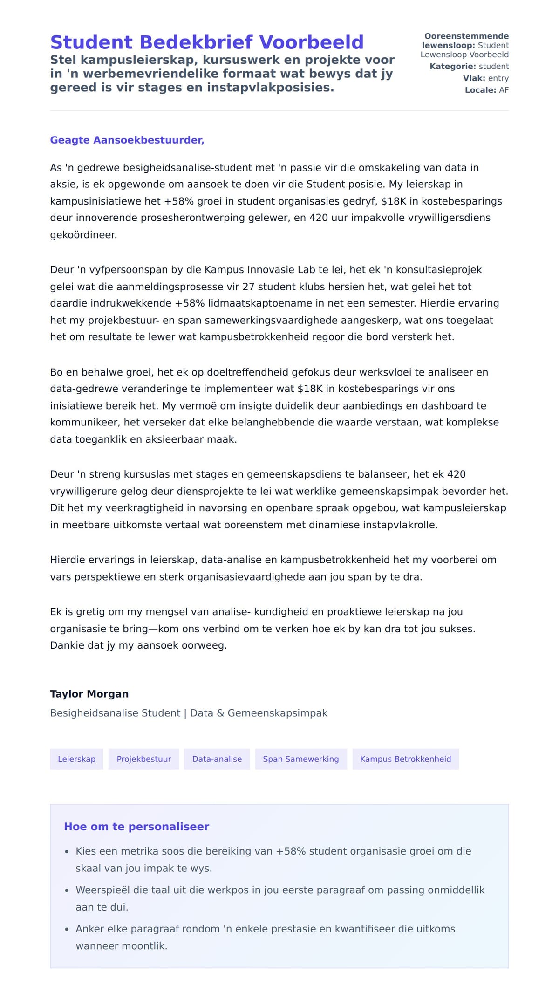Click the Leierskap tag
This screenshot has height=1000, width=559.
pyautogui.click(x=76, y=759)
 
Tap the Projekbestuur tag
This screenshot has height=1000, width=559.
pyautogui.click(x=143, y=759)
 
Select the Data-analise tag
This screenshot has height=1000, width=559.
pyautogui.click(x=217, y=759)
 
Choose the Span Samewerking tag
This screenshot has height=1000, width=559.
pyautogui.click(x=300, y=759)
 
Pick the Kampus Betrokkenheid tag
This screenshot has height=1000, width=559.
pyautogui.click(x=405, y=759)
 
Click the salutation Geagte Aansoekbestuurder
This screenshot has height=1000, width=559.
pyautogui.click(x=127, y=140)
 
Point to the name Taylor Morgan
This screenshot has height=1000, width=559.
pyautogui.click(x=89, y=694)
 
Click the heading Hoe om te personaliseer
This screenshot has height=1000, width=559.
pyautogui.click(x=136, y=827)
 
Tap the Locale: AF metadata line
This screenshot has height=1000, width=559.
pyautogui.click(x=486, y=90)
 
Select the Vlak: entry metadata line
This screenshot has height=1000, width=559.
pyautogui.click(x=485, y=78)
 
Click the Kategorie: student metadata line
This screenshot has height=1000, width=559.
pyautogui.click(x=469, y=67)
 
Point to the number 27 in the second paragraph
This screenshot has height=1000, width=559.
pyautogui.click(x=248, y=287)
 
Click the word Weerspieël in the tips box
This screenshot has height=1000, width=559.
pyautogui.click(x=102, y=890)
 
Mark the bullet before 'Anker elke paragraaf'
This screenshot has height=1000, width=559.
pyautogui.click(x=67, y=930)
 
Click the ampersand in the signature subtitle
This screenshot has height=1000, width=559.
pyautogui.click(x=220, y=713)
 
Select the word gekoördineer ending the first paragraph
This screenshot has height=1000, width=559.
pyautogui.click(x=83, y=235)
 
